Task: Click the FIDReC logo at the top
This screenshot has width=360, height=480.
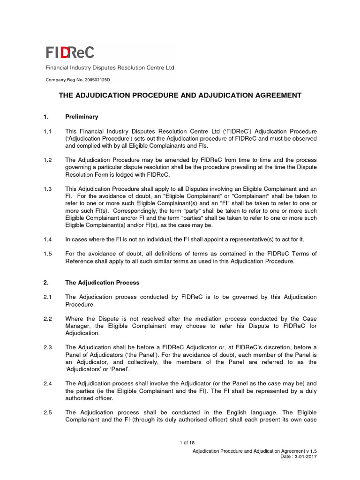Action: pos(69,52)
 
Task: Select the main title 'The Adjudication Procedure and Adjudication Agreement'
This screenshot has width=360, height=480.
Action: pos(180,95)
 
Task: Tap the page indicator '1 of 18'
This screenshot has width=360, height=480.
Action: pos(187,443)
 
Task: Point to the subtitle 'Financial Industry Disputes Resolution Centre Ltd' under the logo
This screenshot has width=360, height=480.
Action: pos(110,68)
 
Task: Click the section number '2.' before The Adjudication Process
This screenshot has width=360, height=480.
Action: pos(47,283)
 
